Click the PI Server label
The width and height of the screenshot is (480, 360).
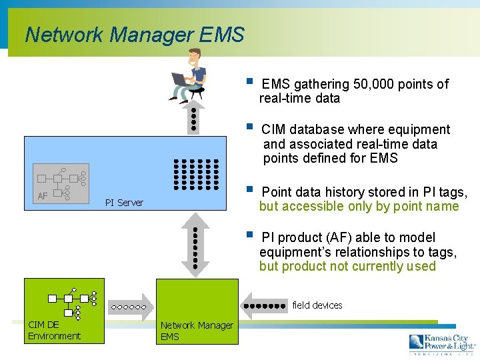[x=124, y=203]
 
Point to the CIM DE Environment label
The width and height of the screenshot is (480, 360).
[x=54, y=331]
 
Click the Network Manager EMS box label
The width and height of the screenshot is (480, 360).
[x=197, y=331]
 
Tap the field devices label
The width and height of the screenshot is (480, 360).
[x=317, y=305]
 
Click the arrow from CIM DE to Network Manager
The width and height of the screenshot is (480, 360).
[x=129, y=307]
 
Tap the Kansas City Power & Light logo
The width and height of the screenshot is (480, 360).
[x=442, y=344]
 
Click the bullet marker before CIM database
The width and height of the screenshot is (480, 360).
[x=249, y=127]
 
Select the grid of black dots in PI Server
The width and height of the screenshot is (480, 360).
[x=196, y=174]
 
